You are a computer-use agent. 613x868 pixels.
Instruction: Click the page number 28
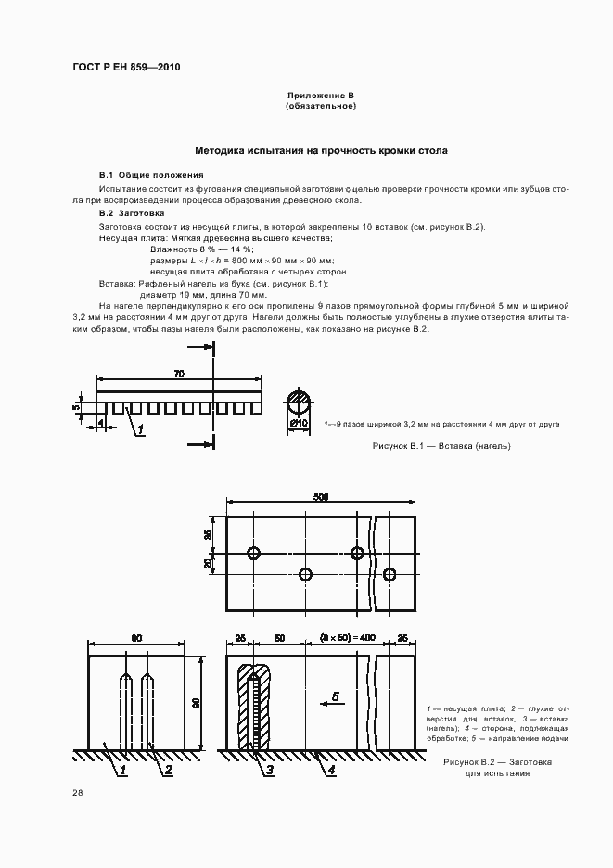pos(77,792)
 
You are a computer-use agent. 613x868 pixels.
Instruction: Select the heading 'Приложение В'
pos(321,96)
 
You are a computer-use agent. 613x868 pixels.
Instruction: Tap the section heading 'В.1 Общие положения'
pos(151,175)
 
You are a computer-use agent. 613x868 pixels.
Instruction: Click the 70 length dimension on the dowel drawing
pos(178,373)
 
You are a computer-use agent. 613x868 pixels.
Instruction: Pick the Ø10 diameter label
pos(299,425)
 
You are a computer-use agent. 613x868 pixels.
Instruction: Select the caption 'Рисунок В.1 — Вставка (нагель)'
pos(441,446)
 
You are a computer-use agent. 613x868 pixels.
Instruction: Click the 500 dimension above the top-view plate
pos(321,498)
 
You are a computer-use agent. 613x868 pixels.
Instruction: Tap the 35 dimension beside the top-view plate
pos(209,533)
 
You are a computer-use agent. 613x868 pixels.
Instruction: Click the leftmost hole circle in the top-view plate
pos(253,554)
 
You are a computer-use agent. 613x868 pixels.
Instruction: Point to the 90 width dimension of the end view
pos(136,638)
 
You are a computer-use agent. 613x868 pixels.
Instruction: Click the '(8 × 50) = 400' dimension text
pos(348,638)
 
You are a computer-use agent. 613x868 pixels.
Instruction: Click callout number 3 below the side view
pos(268,769)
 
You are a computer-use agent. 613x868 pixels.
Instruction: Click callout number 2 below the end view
pos(167,769)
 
